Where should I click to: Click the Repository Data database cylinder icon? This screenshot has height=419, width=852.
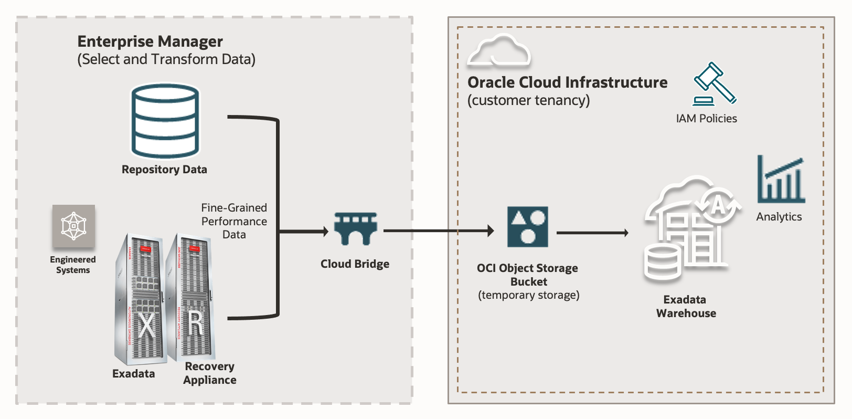click(165, 121)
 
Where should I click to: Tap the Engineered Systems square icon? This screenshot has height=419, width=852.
click(73, 226)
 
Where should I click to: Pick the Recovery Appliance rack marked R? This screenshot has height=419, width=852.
click(191, 297)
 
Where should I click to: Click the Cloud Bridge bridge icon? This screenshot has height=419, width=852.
click(356, 229)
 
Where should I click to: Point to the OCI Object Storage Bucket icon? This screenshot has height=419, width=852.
click(527, 227)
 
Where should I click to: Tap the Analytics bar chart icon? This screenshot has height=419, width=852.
click(781, 180)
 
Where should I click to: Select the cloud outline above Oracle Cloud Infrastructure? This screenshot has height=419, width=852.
click(499, 51)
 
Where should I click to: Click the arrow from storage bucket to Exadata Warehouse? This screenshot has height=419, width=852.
click(592, 233)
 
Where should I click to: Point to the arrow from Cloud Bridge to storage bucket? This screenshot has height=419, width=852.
click(438, 231)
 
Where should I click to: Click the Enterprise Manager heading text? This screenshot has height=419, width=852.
click(150, 41)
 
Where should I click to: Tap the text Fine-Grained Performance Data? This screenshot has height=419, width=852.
click(234, 221)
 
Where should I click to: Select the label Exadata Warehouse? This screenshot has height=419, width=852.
click(686, 307)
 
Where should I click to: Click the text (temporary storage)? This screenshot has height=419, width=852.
click(528, 295)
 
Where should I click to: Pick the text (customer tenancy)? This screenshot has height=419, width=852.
click(528, 100)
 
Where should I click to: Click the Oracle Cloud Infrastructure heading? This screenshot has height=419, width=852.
click(567, 82)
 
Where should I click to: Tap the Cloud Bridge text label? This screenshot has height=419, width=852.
click(355, 264)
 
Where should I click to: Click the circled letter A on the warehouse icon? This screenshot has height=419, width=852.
click(718, 205)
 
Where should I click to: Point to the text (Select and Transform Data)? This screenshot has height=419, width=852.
click(166, 59)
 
